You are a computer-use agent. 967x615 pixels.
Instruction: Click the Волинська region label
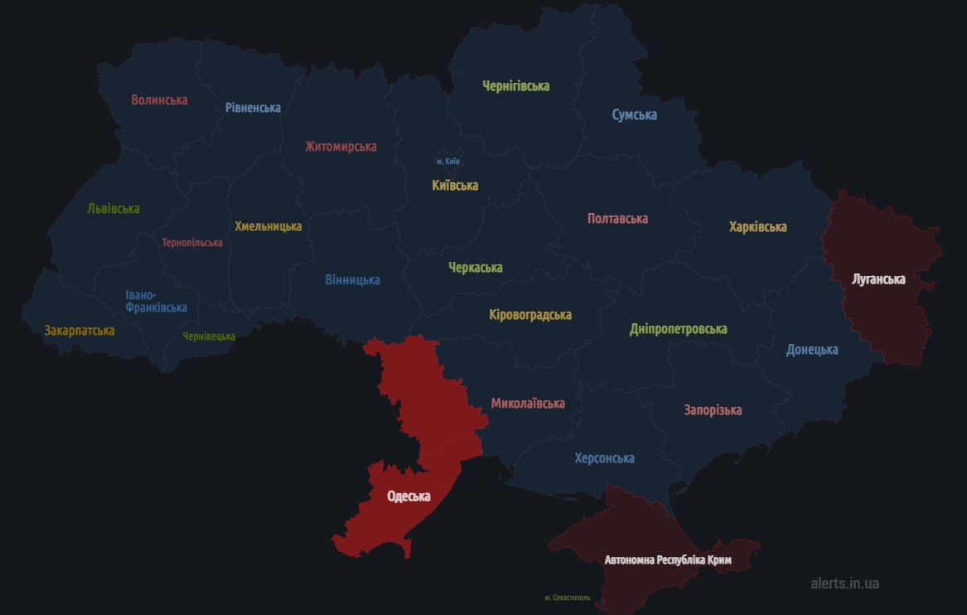tap(159, 100)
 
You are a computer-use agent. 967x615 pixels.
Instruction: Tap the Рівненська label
tap(253, 108)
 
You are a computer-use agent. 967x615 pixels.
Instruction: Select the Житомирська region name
tap(341, 147)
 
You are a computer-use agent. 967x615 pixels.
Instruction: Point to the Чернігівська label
tap(516, 86)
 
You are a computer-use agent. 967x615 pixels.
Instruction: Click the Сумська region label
tap(635, 115)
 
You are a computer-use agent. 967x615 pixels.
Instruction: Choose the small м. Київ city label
tap(447, 161)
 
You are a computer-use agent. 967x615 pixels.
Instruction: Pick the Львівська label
tap(114, 209)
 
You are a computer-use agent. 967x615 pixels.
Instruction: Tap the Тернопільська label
tap(192, 243)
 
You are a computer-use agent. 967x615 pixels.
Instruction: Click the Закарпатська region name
tap(80, 331)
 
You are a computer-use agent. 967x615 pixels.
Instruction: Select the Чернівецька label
tap(209, 337)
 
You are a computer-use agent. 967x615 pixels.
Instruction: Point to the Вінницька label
tap(352, 280)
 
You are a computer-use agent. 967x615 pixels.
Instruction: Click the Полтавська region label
tap(617, 219)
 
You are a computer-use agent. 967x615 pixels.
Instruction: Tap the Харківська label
tap(758, 227)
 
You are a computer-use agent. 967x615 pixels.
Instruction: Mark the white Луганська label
tap(878, 279)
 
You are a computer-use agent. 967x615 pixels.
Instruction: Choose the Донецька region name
tap(812, 350)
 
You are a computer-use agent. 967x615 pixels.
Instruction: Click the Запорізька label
tap(713, 410)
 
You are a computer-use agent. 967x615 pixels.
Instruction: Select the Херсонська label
tap(605, 458)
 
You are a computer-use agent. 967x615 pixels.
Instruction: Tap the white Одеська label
tap(409, 496)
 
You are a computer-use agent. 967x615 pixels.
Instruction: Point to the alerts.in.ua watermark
tap(845, 584)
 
